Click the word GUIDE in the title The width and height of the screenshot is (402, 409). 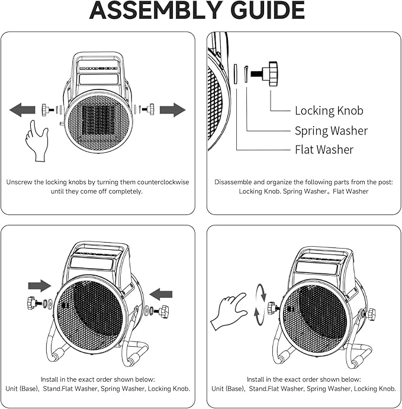coord(265,10)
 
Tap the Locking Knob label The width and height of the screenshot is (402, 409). coord(329,111)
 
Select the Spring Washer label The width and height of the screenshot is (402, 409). coord(331,130)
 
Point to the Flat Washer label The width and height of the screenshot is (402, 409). coord(324,150)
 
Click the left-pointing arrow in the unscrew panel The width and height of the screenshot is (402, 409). coord(22,110)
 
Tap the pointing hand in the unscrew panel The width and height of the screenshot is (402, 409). coord(36,140)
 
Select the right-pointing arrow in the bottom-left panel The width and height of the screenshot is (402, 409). coord(40,285)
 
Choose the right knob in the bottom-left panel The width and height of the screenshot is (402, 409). coord(162,311)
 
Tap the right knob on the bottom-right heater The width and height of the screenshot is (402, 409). coord(371,314)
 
